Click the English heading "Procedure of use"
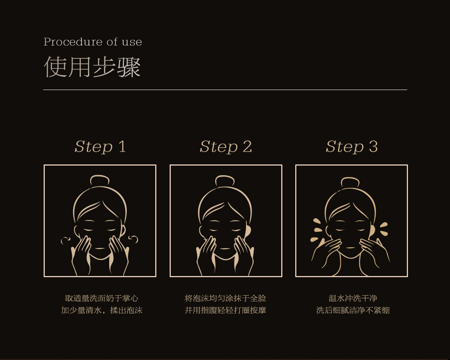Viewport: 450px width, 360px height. coord(93,42)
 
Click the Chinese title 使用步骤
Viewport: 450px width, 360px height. coord(92,67)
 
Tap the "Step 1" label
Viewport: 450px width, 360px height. coord(100,147)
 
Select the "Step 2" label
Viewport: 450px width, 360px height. coord(226,147)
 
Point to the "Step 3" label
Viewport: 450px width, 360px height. coord(352,147)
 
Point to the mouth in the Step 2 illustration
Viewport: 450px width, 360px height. coord(225,248)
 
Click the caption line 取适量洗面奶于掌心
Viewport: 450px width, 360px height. coord(102,298)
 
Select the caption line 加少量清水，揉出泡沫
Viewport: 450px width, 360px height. coord(102,310)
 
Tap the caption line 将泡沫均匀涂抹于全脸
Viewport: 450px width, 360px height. coord(225,298)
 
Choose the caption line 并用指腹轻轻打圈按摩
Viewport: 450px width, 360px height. coord(225,310)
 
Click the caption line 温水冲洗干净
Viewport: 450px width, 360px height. coord(353,298)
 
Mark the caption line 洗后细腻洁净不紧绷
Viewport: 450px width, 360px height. coord(353,310)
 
